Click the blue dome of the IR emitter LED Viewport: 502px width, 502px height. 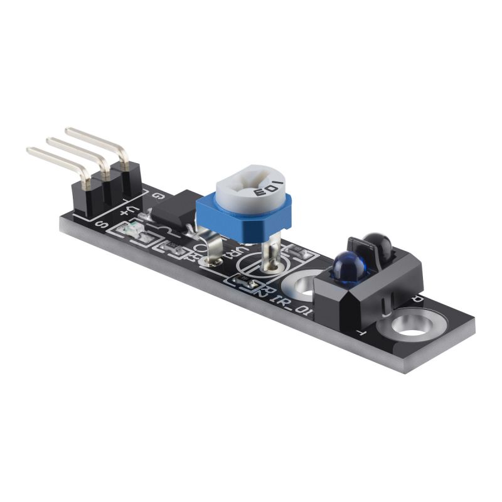tap(350, 267)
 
